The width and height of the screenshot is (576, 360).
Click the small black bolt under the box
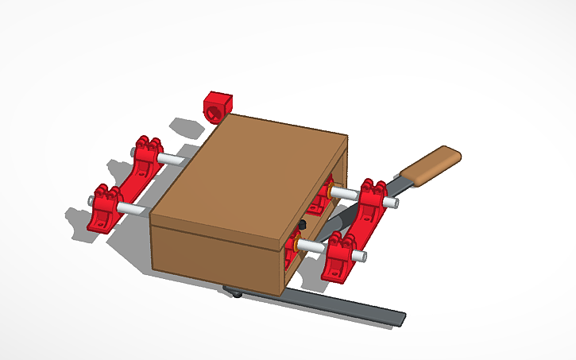(238, 295)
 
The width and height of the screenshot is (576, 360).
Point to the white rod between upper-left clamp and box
(172, 160)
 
